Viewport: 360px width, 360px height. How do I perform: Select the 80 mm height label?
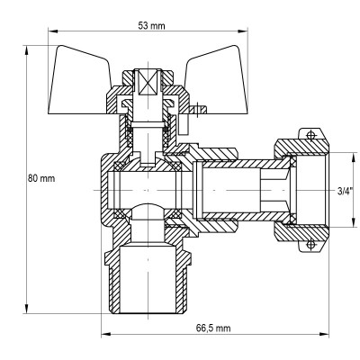42,178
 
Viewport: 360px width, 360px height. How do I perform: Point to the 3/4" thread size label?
345,191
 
